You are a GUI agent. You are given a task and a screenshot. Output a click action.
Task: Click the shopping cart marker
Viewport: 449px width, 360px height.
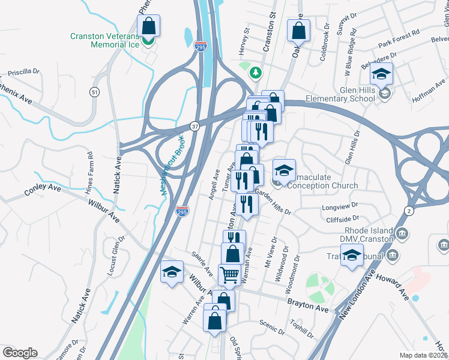pyautogui.click(x=229, y=275)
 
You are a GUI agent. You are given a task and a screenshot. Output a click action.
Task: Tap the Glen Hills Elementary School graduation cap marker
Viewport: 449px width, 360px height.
pyautogui.click(x=381, y=74)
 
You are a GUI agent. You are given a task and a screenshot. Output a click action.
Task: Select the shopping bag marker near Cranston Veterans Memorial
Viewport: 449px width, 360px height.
pyautogui.click(x=149, y=26)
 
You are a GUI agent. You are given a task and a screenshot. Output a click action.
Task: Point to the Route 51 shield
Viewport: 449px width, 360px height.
pyautogui.click(x=94, y=92)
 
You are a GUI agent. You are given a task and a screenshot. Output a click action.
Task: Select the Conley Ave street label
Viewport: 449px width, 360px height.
pyautogui.click(x=43, y=190)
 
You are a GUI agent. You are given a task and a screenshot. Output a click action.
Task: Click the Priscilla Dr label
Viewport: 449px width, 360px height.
pyautogui.click(x=23, y=71)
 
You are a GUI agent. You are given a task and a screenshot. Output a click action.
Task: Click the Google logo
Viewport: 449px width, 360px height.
pyautogui.click(x=20, y=353)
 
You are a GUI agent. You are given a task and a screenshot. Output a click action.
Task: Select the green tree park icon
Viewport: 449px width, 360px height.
pyautogui.click(x=256, y=73)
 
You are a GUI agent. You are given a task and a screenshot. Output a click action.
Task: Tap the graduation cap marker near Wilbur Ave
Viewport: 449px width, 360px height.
pyautogui.click(x=172, y=272)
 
